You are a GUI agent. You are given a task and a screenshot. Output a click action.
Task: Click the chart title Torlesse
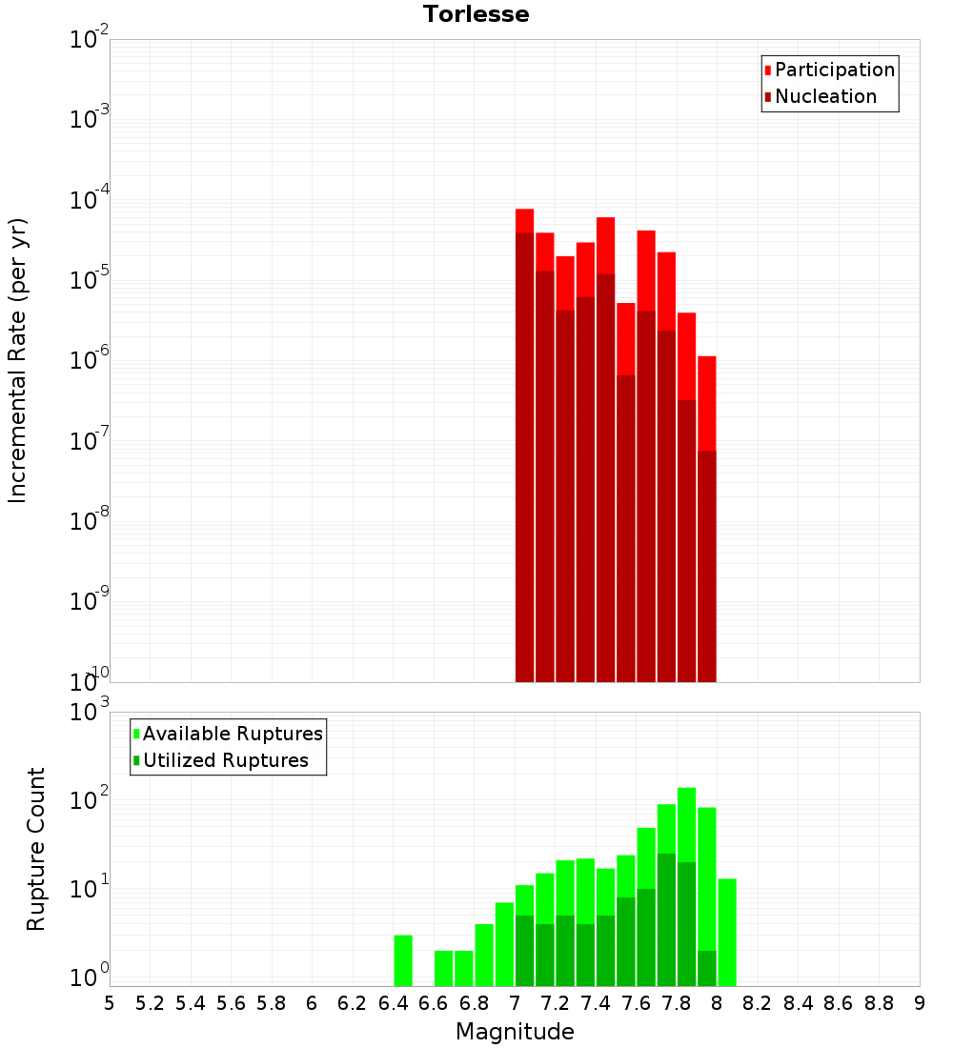coord(476,14)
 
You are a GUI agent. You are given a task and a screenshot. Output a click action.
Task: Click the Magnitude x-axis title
coord(515,1032)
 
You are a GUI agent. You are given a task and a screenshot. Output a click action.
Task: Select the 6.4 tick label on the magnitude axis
coord(393,1002)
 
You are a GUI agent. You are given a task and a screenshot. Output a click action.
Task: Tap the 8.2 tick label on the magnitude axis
coord(758,1002)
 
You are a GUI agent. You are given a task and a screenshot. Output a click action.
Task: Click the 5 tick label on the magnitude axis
coord(110,1002)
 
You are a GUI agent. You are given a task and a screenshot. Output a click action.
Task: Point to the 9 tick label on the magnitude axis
coord(920,1002)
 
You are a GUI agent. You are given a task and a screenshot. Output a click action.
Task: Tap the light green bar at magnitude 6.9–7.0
coord(504,943)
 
